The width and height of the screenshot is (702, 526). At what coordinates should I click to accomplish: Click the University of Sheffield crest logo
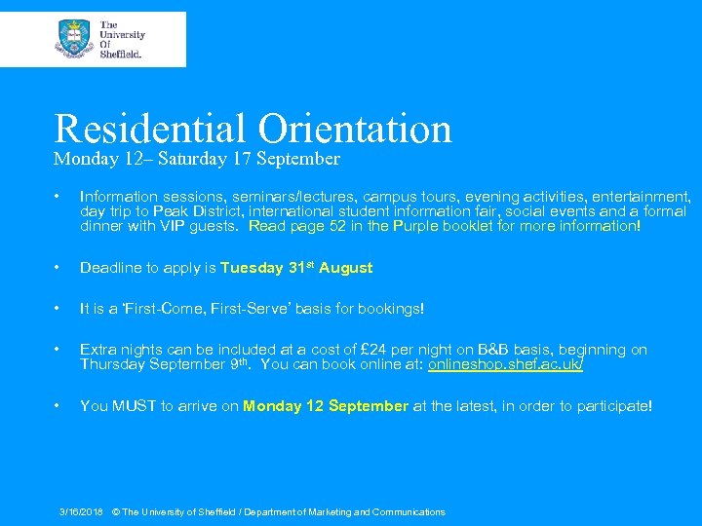click(75, 39)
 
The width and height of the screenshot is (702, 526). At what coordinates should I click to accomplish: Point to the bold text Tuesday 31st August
click(296, 268)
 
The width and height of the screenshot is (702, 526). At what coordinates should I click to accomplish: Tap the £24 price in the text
click(374, 350)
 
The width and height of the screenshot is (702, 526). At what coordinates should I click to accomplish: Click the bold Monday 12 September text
click(326, 406)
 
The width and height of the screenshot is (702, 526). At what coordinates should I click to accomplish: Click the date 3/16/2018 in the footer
click(81, 511)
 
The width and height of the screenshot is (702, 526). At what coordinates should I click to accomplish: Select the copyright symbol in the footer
click(115, 511)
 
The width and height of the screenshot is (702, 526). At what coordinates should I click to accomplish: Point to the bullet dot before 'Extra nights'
click(60, 350)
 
